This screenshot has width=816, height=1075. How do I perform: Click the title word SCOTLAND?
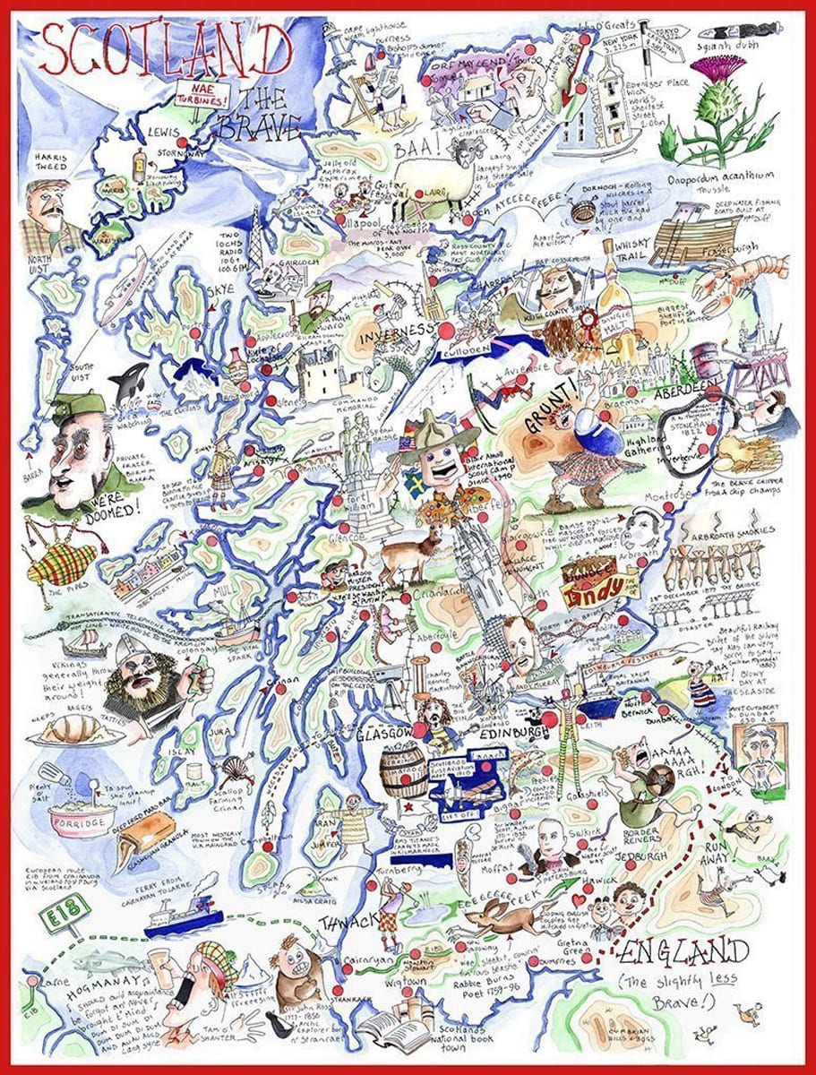[x=166, y=52]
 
